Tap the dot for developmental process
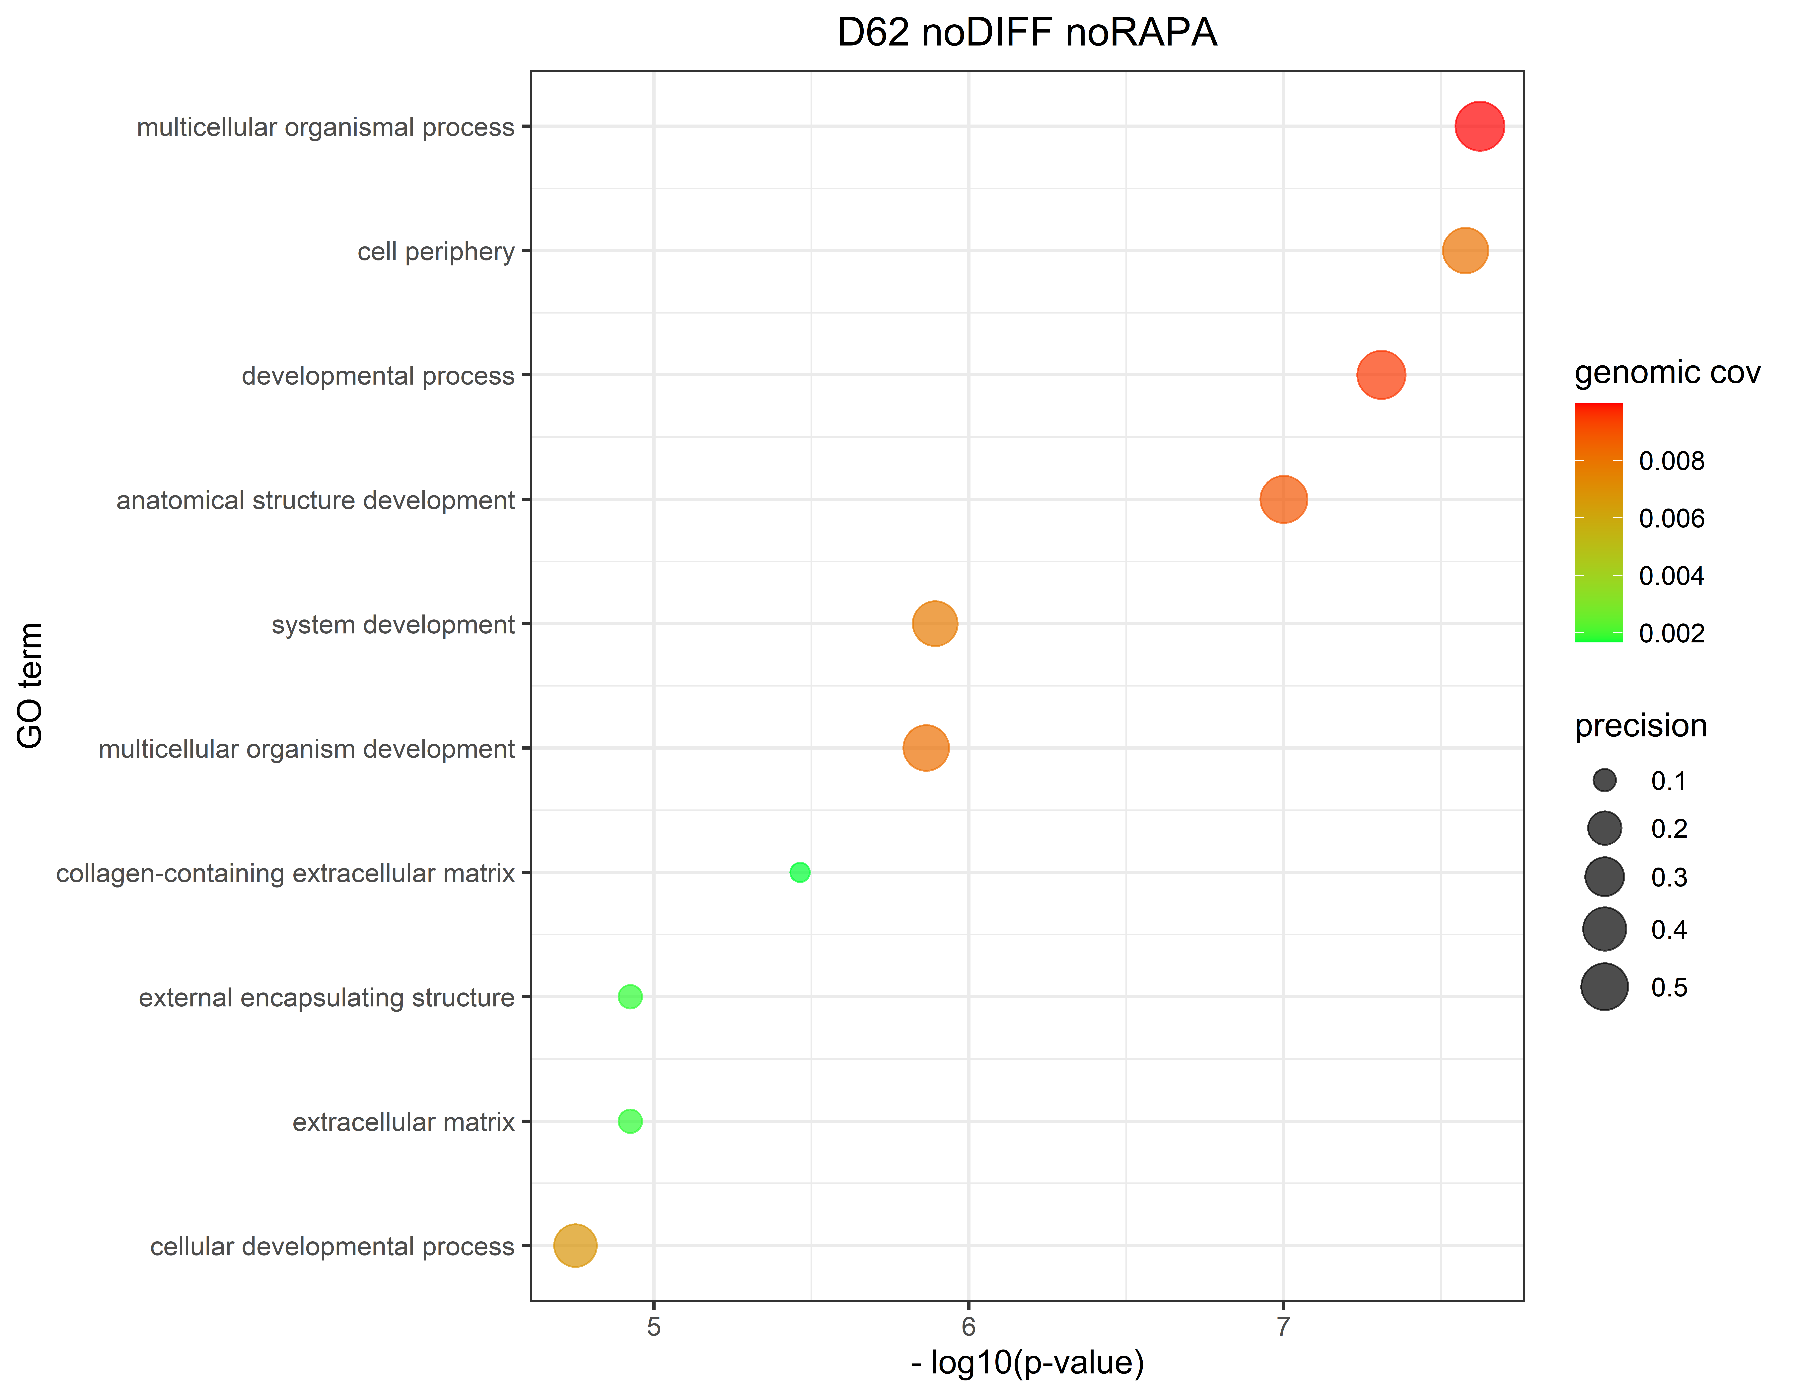pos(1381,375)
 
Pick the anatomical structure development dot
pos(1283,499)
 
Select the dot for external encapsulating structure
pos(630,997)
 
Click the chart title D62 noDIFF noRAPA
pos(1027,33)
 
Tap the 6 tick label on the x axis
pos(968,1326)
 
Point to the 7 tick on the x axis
pos(1283,1326)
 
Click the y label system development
pos(393,625)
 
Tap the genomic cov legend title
pos(1667,372)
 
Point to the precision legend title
pos(1640,726)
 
